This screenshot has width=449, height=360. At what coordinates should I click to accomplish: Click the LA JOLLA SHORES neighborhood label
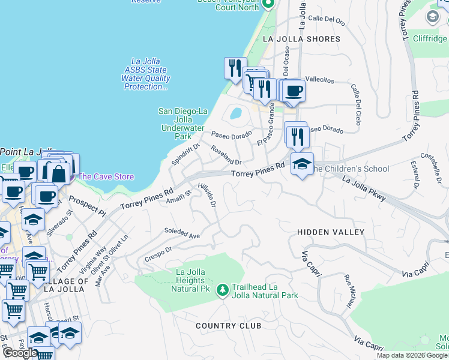[x=301, y=39]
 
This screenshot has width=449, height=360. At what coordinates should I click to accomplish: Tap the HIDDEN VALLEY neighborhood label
[x=331, y=232]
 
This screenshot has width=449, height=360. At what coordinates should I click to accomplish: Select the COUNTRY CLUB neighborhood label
[x=229, y=325]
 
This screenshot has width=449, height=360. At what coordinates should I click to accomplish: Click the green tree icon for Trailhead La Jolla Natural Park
[x=223, y=290]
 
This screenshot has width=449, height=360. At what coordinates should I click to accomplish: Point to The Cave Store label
[x=106, y=176]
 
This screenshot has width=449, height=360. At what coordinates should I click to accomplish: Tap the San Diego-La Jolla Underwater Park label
[x=182, y=124]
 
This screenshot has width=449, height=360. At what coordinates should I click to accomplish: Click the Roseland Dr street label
[x=226, y=155]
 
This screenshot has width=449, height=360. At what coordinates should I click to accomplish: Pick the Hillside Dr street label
[x=206, y=196]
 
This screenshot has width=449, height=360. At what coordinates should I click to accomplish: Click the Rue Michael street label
[x=349, y=289]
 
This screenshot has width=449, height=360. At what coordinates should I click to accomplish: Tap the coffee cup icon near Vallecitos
[x=294, y=91]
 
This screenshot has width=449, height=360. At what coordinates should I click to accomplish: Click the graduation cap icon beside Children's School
[x=302, y=163]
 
